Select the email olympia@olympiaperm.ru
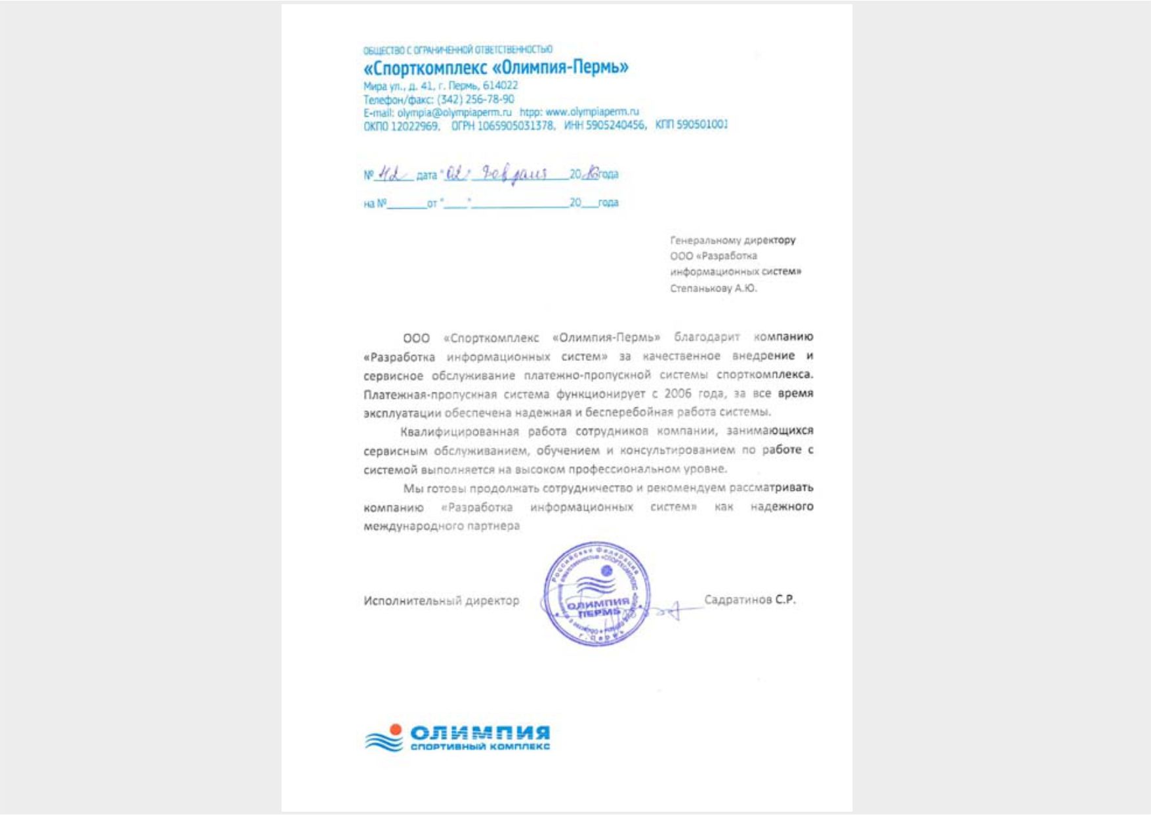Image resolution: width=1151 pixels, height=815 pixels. (454, 112)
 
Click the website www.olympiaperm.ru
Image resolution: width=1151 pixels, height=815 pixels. (592, 112)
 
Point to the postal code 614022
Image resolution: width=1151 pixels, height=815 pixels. (500, 86)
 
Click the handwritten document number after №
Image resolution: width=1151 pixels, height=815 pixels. (391, 175)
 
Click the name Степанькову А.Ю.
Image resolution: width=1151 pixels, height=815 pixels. (713, 288)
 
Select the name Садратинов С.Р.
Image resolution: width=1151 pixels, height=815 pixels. (749, 600)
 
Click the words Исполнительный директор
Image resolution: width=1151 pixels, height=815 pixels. (441, 600)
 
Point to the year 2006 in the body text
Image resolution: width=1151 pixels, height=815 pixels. (677, 394)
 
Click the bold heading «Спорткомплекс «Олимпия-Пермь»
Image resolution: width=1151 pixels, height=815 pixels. (496, 68)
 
